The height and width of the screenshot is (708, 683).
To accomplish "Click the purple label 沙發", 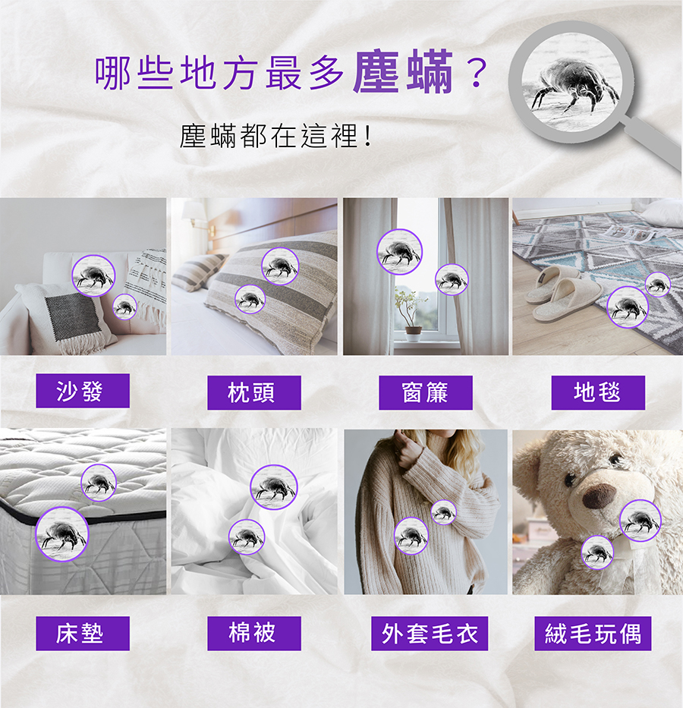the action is pos(83,391).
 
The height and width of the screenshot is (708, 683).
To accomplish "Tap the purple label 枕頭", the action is pos(254,392).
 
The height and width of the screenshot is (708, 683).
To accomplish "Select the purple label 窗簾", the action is pos(426,392).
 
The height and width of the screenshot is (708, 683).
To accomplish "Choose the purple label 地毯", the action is pos(598,392).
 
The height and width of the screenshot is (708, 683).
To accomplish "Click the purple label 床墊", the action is pos(83,634).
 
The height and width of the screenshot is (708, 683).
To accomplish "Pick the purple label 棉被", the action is pos(254,634).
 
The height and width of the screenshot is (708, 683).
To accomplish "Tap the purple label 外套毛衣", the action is pos(430,634).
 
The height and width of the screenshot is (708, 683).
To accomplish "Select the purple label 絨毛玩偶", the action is pos(593,634).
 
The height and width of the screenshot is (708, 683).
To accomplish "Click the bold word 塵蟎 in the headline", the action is pos(403,72).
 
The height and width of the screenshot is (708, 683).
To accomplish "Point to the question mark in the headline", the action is pos(477,73).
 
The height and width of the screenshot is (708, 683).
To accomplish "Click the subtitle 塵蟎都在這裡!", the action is pos(276,136).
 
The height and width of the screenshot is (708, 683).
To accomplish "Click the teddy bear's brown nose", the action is pos(600,496).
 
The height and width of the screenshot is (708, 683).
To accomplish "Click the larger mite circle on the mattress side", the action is pos(62,534).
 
